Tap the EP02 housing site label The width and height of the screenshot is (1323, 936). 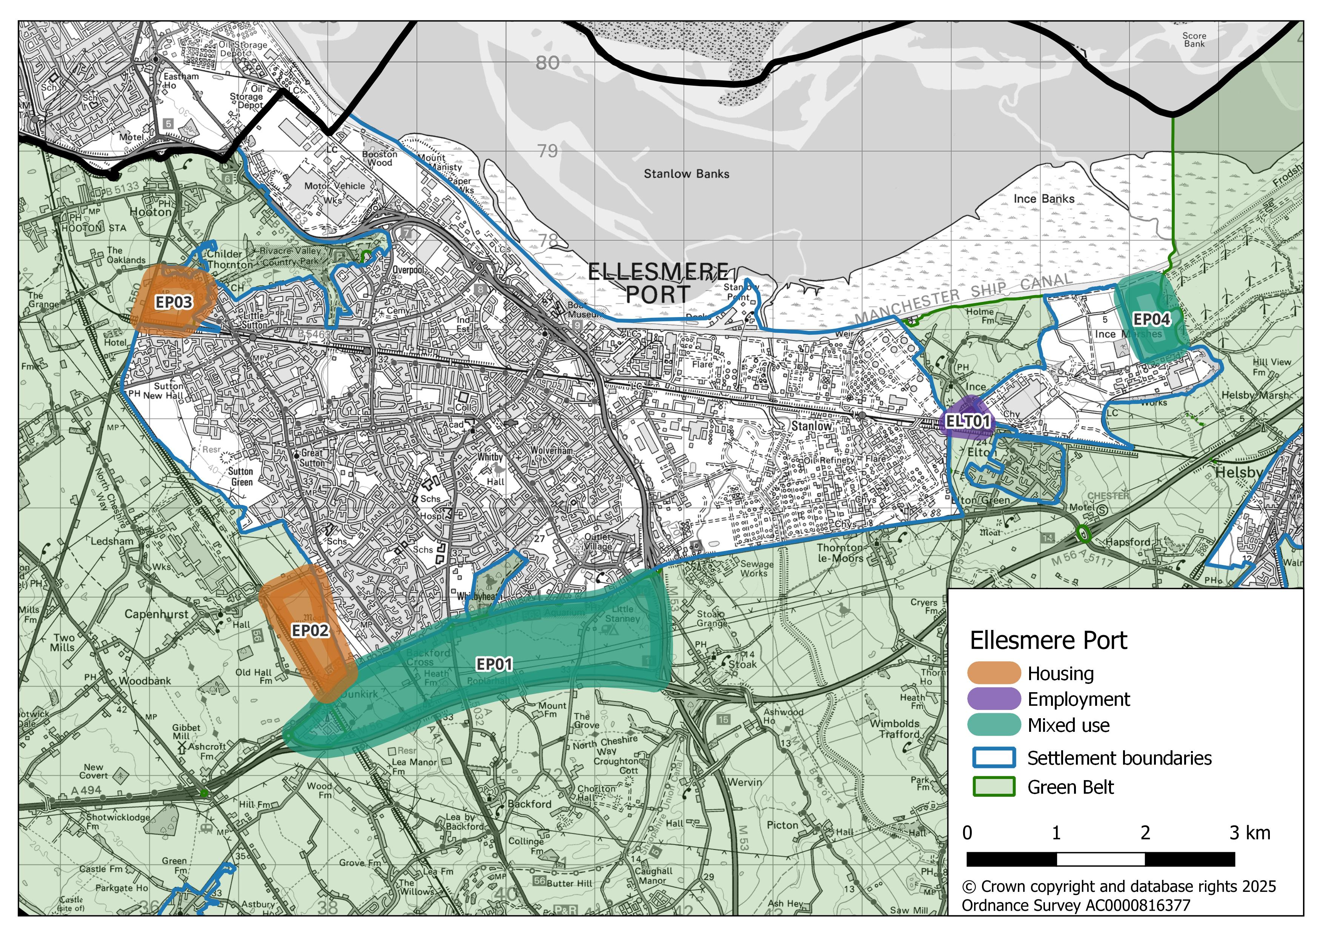(310, 631)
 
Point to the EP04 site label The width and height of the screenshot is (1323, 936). (1151, 319)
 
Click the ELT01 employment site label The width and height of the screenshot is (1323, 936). (968, 421)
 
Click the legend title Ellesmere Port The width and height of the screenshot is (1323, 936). (1048, 640)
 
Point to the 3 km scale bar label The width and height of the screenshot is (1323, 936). (1249, 833)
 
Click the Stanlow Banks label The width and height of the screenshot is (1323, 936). (686, 174)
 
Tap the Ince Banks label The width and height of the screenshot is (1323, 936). (1043, 199)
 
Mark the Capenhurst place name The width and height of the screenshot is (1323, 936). (156, 614)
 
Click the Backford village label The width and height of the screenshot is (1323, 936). (529, 804)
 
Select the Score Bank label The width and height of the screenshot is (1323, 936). (1194, 40)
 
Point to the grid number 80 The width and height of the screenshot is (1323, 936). (547, 63)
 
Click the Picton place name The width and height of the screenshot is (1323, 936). (782, 825)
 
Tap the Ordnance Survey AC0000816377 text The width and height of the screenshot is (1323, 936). (1075, 905)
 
